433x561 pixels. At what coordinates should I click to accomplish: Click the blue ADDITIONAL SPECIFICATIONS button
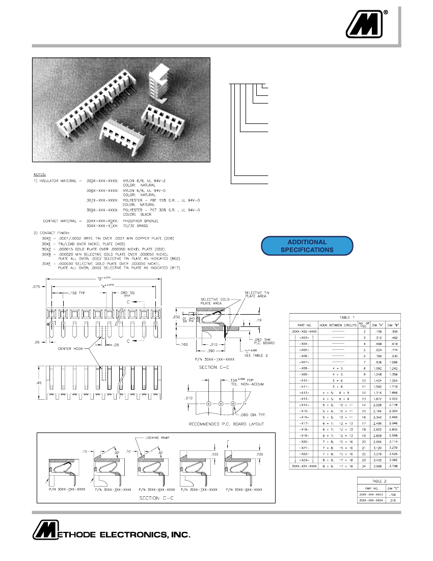(x=307, y=246)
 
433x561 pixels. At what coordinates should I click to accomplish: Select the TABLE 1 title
(x=345, y=317)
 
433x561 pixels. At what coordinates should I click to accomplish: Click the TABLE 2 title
(x=378, y=480)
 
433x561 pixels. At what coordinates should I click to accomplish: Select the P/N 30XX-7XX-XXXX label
(x=199, y=489)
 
